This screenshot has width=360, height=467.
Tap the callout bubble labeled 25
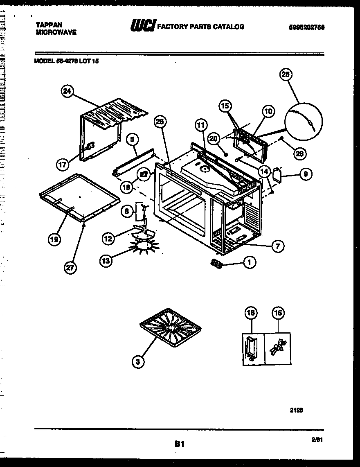286,75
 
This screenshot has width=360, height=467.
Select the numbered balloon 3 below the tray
138,361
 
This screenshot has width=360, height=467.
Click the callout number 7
278,246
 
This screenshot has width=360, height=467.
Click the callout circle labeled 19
54,240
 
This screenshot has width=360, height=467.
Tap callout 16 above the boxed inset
251,314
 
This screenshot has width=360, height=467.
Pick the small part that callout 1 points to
217,264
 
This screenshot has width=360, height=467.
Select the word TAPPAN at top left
47,25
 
